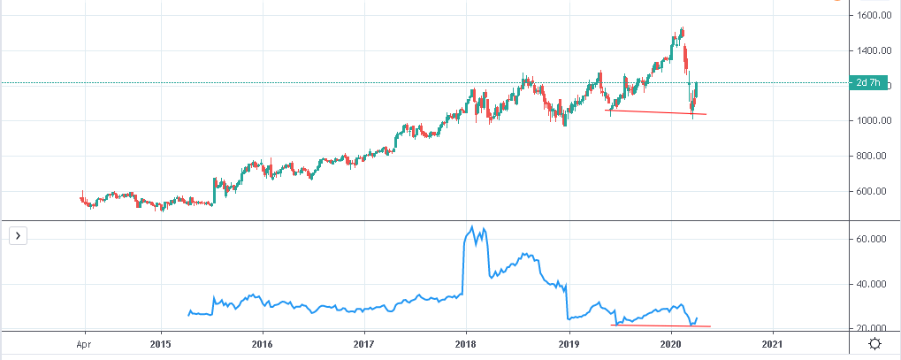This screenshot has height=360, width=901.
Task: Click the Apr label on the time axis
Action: click(84, 344)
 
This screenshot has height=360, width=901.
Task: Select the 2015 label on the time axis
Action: click(160, 344)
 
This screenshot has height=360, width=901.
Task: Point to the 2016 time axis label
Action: click(262, 344)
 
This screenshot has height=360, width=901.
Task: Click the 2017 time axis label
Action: click(364, 344)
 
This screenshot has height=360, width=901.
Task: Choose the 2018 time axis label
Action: click(466, 344)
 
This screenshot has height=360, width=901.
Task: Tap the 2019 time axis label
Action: click(569, 344)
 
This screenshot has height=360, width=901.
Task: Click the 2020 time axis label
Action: click(670, 344)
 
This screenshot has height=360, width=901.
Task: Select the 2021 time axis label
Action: click(772, 344)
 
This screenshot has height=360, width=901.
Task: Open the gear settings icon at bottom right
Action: click(874, 344)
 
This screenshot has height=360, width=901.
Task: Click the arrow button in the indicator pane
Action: click(17, 235)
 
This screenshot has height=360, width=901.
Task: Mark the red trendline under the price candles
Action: click(654, 112)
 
